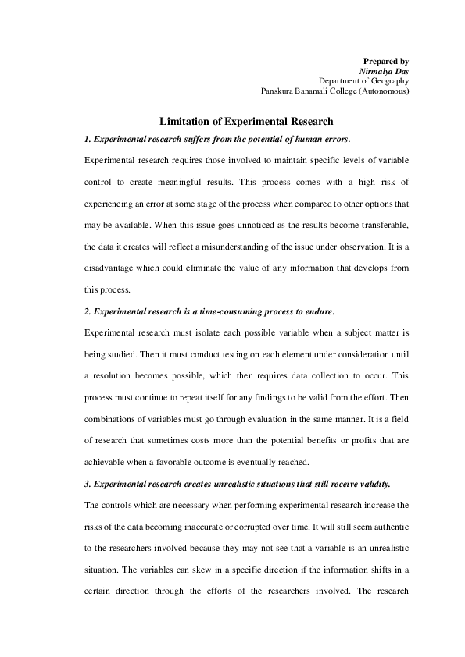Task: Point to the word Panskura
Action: pyautogui.click(x=279, y=91)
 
